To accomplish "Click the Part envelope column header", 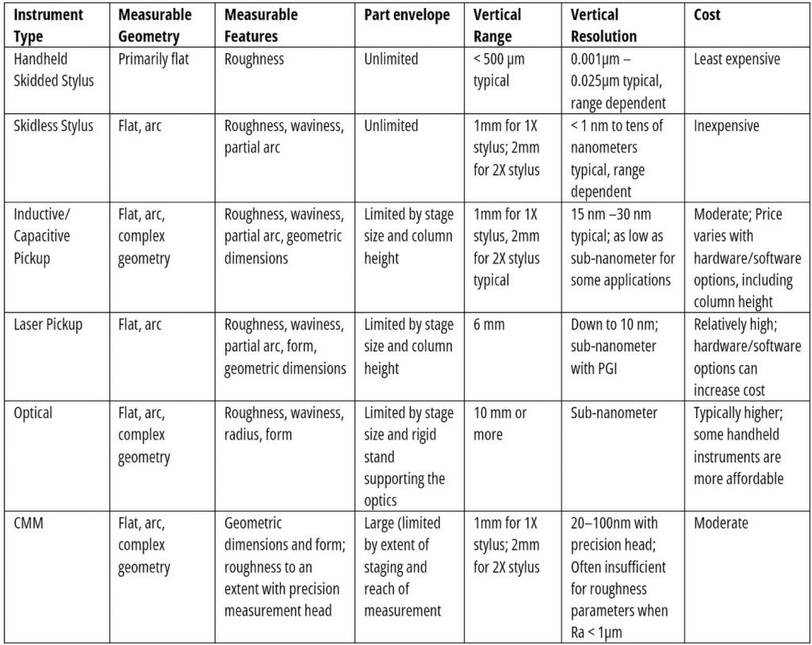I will coord(407,15).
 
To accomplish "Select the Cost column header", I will coord(707,15).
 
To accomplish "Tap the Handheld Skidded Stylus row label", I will coord(53,70).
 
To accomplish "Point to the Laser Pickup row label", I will coord(48,324).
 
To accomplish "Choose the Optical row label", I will coord(33,413).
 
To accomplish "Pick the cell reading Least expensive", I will coord(737,59).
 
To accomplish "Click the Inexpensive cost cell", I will coord(726,125).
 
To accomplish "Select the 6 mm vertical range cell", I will coord(489,324).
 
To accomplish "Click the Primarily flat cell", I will coord(154,59).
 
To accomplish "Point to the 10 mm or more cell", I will coord(500,424).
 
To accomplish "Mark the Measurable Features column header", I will coord(261,25).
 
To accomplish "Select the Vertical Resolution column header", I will coord(603,25).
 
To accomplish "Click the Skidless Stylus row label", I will coord(53,125).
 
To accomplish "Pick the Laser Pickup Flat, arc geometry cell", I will coord(140,324).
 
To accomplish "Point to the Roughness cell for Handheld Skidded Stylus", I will coord(254,59).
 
